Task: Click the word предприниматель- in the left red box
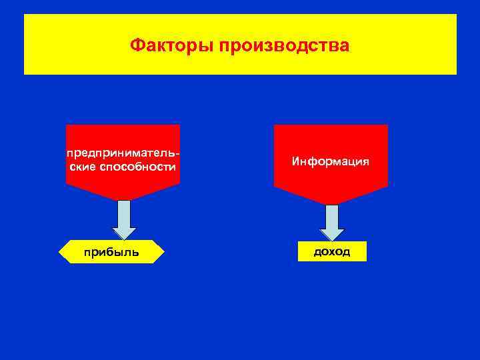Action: pyautogui.click(x=123, y=153)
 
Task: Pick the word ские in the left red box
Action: pyautogui.click(x=83, y=167)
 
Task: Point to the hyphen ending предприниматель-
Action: pyautogui.click(x=179, y=154)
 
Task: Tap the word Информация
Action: pyautogui.click(x=330, y=162)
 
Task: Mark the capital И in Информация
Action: pyautogui.click(x=295, y=162)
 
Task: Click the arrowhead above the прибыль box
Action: pyautogui.click(x=124, y=233)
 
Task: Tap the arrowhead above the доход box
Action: pyautogui.click(x=332, y=235)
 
